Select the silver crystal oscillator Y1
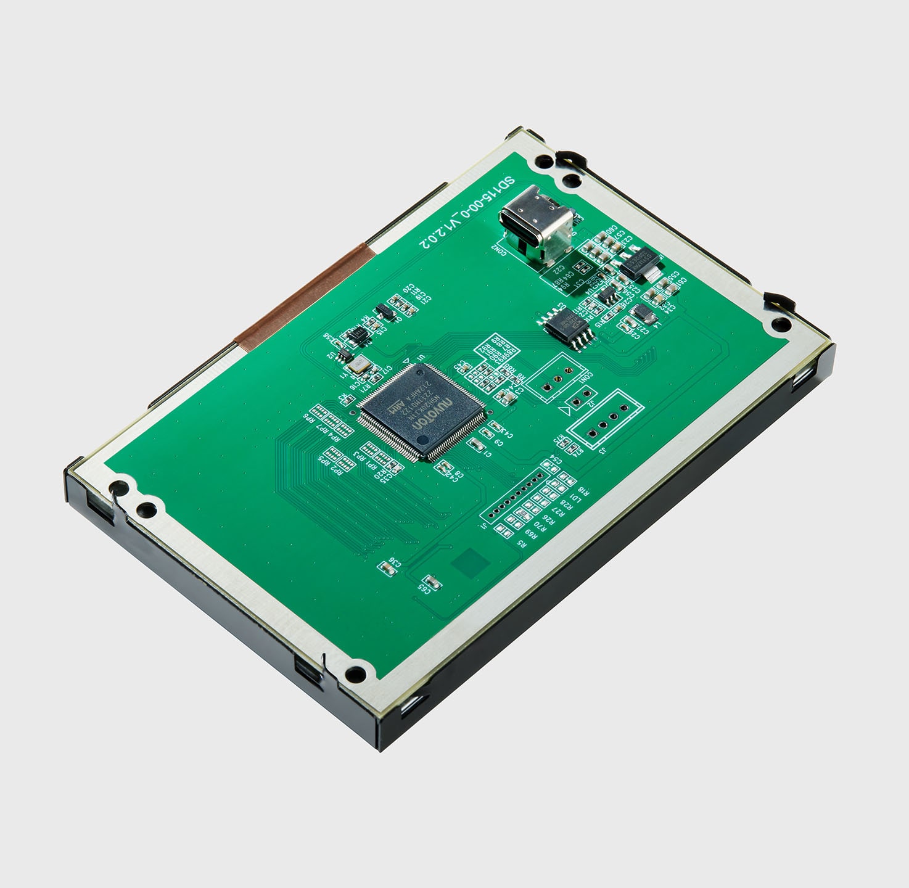click(x=357, y=366)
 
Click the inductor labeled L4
click(x=643, y=313)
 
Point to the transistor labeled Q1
click(x=385, y=311)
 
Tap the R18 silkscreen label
click(x=583, y=491)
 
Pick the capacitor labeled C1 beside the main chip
click(x=477, y=444)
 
